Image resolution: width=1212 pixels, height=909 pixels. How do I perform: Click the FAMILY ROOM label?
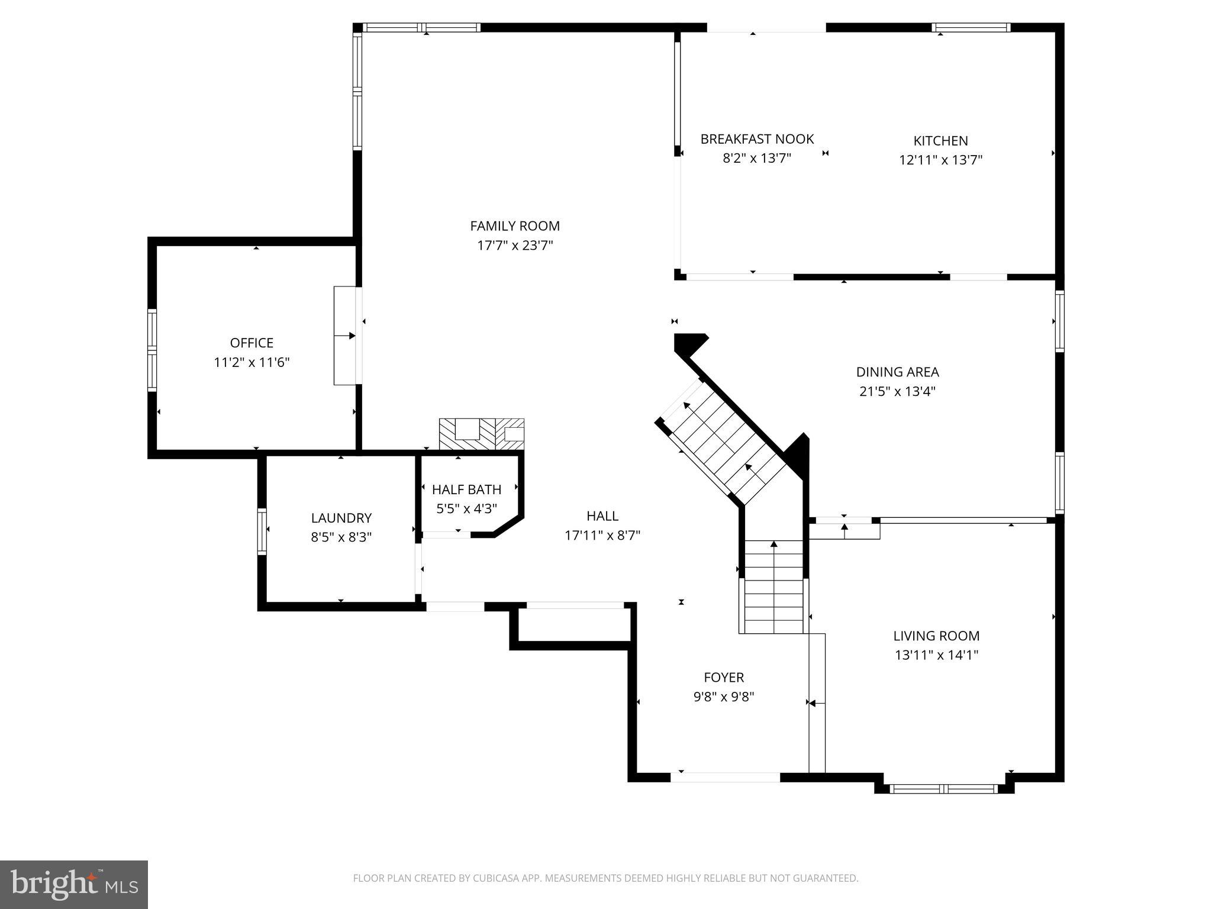[514, 225]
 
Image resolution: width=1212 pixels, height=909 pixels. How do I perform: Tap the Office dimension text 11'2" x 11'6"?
[252, 362]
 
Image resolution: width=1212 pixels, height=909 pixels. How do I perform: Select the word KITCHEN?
[940, 141]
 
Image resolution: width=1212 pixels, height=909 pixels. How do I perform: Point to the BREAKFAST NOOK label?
[757, 139]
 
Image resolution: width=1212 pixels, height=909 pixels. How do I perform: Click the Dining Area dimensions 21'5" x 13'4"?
[897, 391]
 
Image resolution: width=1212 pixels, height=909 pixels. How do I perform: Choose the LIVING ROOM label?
[936, 636]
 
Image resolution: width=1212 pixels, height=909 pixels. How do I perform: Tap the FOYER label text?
[723, 677]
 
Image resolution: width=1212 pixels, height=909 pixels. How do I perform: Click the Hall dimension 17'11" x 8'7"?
[602, 536]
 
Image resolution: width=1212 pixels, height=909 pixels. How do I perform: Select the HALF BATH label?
[466, 489]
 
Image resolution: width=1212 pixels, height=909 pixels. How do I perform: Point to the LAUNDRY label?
[341, 518]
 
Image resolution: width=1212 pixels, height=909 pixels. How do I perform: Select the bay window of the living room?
[943, 788]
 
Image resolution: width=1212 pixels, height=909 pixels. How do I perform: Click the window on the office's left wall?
[152, 350]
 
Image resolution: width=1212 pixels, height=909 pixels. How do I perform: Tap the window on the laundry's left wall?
[262, 531]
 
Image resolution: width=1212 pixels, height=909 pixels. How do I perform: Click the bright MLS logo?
[73, 884]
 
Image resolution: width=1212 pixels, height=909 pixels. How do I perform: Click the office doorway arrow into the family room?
[346, 336]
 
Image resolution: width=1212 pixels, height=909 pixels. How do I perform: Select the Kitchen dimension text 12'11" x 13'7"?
[940, 160]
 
